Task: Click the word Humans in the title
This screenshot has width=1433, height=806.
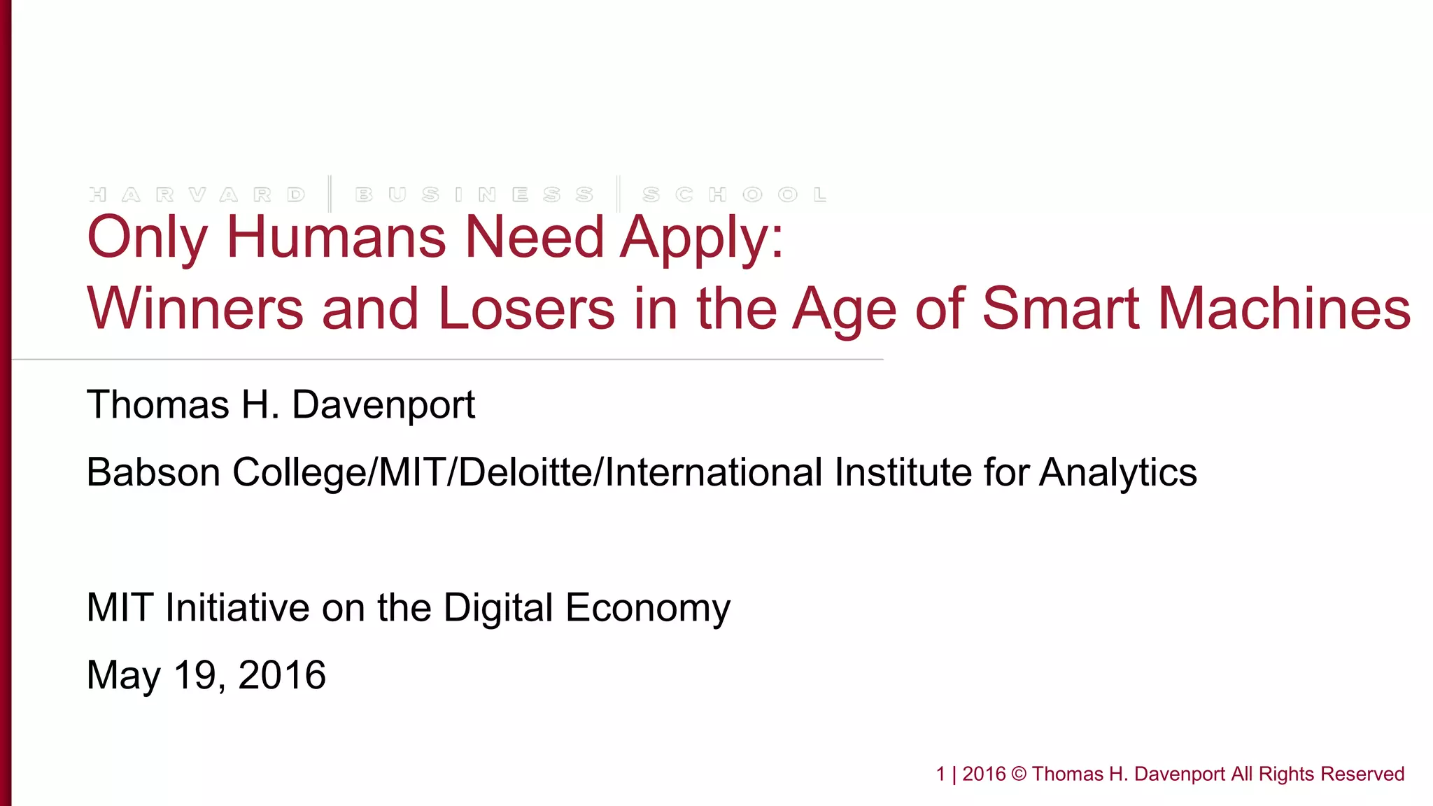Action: coord(337,236)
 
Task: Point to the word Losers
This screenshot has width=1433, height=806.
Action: coord(526,309)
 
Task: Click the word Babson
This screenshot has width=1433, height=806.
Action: coord(153,472)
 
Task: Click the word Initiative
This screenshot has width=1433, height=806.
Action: coord(237,607)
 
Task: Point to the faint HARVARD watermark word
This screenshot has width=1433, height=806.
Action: coord(197,195)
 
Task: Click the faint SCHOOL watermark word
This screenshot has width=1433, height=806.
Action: coord(735,195)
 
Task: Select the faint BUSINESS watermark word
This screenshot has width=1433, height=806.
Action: coord(474,195)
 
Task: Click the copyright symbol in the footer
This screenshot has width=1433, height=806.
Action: coord(1019,775)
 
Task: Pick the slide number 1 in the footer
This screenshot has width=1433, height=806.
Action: coord(940,774)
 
